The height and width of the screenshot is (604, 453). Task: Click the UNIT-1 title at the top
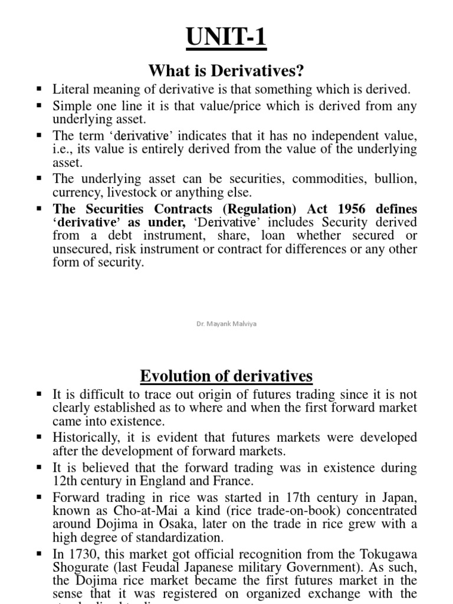click(226, 40)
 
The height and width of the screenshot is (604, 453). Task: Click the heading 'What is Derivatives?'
click(226, 71)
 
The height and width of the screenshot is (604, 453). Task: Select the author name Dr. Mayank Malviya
click(226, 323)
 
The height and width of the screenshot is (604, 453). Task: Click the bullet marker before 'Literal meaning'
click(40, 89)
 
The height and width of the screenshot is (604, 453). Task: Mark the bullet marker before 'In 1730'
click(40, 553)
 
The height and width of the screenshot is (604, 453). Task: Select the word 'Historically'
click(83, 438)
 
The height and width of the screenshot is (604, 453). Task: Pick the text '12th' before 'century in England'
click(64, 481)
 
